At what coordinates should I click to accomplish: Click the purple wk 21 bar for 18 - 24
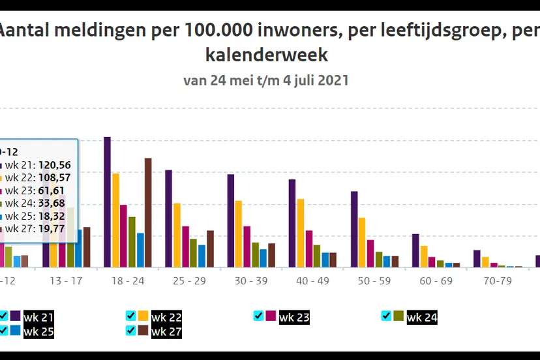pos(108,202)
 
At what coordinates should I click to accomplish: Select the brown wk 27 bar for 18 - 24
pos(148,213)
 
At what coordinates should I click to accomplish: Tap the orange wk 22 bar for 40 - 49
pos(300,233)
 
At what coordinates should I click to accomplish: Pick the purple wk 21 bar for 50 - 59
pos(354,229)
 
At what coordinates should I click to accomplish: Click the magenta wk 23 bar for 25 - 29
pos(185,247)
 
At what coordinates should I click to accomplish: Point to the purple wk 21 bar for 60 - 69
pos(415,250)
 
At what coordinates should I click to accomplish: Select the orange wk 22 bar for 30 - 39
pos(239,233)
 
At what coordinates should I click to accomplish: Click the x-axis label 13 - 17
pos(67,281)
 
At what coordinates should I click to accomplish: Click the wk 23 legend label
pos(293,318)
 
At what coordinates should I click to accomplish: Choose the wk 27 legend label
pos(166,332)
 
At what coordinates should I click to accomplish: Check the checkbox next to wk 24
pos(386,316)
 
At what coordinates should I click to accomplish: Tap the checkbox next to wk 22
pos(130,316)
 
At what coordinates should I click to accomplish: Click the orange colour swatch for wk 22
pos(143,316)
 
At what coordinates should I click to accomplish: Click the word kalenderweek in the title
pos(267,54)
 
